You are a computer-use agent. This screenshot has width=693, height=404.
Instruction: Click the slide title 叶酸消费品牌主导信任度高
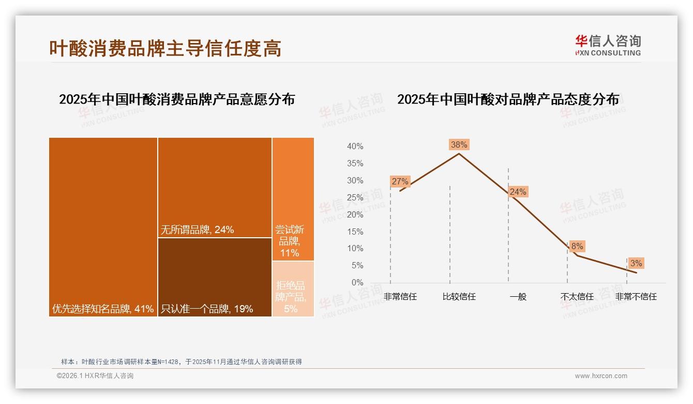(x=165, y=48)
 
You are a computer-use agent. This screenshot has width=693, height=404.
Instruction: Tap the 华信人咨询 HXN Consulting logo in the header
(x=608, y=46)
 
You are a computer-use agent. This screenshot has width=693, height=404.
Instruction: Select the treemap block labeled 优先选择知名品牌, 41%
(x=103, y=226)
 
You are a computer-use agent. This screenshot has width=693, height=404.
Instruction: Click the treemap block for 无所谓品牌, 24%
(x=215, y=187)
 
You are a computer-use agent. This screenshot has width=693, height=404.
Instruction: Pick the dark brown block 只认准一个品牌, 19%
(x=215, y=277)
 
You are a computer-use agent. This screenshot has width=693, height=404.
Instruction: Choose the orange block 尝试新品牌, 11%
(x=293, y=199)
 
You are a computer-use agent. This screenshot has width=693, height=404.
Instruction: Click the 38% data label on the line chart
(x=459, y=145)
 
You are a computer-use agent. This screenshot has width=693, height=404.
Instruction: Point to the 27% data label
(x=400, y=181)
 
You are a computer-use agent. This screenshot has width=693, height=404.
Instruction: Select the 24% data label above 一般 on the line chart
(x=518, y=192)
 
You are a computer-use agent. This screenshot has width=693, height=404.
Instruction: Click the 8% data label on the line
(x=577, y=246)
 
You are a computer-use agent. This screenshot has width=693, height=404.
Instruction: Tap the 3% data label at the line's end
(x=636, y=263)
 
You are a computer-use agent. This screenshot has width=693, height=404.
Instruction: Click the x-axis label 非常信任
(x=400, y=297)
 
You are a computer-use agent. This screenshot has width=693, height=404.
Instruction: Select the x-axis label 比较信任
(x=459, y=297)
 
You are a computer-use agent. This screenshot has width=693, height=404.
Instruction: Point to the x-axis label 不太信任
(x=577, y=297)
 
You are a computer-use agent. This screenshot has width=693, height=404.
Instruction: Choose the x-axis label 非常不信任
(x=636, y=297)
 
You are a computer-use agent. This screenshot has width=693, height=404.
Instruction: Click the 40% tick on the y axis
(x=355, y=147)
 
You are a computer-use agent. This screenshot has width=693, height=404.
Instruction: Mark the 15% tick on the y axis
(x=355, y=232)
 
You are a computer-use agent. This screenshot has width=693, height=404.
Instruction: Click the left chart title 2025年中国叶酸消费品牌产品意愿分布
(x=177, y=99)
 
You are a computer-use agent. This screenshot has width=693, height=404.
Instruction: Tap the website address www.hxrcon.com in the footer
(x=601, y=376)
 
